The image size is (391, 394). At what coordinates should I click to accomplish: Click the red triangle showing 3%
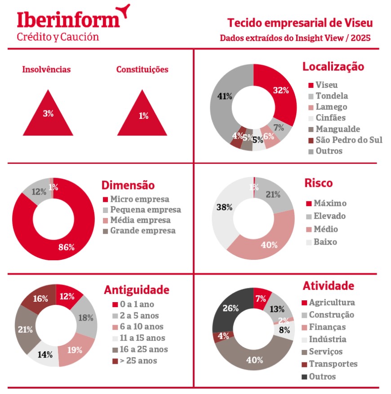pos(48,116)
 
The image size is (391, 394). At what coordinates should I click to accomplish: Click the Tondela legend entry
pos(331,96)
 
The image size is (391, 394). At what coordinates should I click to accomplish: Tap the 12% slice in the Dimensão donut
pos(38,190)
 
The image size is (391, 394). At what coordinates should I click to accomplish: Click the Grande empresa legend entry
pos(142,231)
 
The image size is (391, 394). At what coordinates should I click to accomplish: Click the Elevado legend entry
pos(329,216)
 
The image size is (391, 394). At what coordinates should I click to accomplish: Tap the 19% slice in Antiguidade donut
pos(76,349)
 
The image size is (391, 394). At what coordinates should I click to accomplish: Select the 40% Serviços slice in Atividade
pos(254,359)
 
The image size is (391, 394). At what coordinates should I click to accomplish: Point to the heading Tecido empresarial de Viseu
pos(300,23)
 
